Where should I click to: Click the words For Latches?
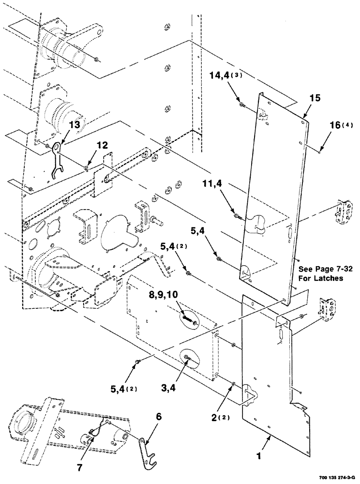point(320,278)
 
